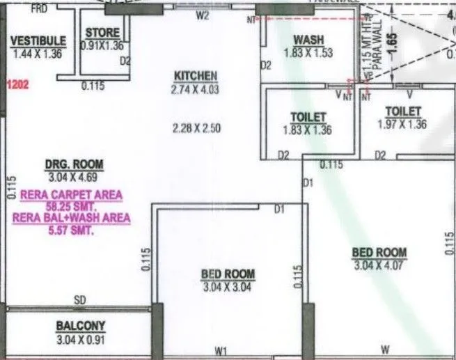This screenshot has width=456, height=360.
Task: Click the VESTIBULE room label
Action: pyautogui.click(x=39, y=40)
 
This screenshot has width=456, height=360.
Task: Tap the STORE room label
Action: pyautogui.click(x=102, y=33)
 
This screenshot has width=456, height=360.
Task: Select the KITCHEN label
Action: pyautogui.click(x=196, y=76)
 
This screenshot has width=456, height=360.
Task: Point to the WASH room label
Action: pyautogui.click(x=308, y=40)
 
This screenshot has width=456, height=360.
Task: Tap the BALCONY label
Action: pyautogui.click(x=80, y=325)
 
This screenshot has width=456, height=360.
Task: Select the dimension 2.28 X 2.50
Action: pyautogui.click(x=197, y=127)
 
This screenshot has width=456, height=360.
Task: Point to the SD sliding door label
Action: pyautogui.click(x=80, y=300)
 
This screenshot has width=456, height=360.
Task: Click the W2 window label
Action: pyautogui.click(x=203, y=15)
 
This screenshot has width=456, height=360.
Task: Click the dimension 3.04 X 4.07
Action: pyautogui.click(x=379, y=265)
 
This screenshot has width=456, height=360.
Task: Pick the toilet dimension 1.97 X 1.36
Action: pyautogui.click(x=402, y=124)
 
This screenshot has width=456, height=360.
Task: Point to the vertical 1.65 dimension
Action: pyautogui.click(x=391, y=44)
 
